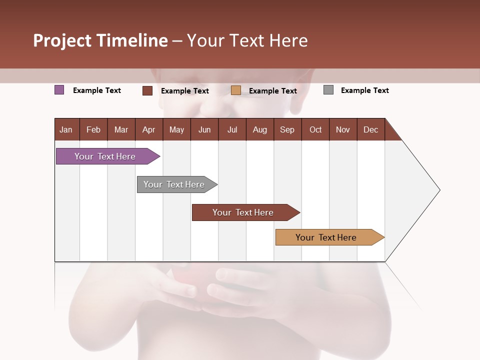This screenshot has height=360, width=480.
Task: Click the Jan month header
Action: coord(66,129)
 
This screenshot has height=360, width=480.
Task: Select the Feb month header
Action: coord(93,129)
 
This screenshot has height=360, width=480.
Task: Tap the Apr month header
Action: coord(148,129)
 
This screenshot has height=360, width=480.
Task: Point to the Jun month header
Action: coord(204,129)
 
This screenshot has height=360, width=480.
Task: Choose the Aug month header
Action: coord(259,129)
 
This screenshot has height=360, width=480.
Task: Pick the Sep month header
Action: coord(287,129)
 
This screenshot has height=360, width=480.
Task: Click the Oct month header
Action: coord(315,129)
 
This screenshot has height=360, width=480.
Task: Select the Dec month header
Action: coord(370,129)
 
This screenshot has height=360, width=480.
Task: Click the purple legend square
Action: coord(59,90)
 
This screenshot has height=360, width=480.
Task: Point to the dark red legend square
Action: coord(147,90)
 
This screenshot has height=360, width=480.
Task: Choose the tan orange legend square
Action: coord(236,90)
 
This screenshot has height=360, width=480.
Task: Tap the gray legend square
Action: coord(328,90)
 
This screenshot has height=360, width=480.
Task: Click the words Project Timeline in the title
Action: coord(100,40)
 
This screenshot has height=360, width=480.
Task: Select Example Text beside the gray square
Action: coord(364,90)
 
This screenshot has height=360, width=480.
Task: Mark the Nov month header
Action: coord(343,129)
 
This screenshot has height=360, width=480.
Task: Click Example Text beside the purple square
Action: coord(97,90)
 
